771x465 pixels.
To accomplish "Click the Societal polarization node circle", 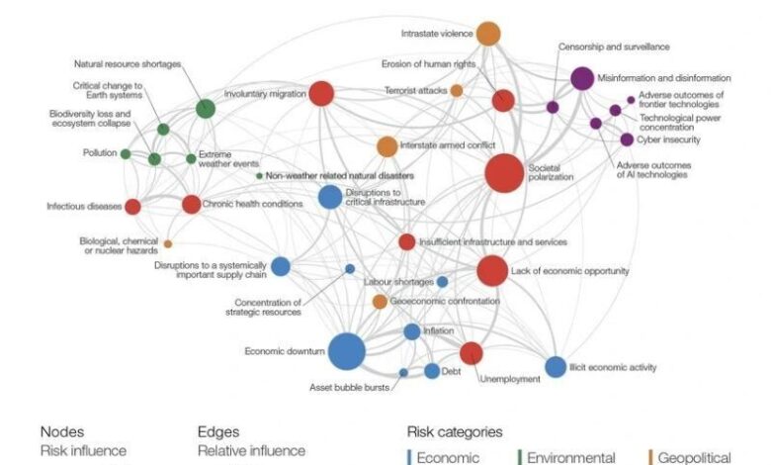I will coord(504,173).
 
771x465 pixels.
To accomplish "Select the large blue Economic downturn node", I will coord(347,351).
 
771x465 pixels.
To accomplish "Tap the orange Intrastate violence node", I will coord(488,34).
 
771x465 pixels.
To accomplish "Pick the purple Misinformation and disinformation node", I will coord(582,78).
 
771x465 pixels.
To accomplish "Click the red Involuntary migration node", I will coord(321,94).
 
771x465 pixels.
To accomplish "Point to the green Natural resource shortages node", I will coord(205,108).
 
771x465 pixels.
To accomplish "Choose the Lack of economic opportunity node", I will coord(491,270).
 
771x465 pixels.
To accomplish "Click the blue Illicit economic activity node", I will coord(556,367).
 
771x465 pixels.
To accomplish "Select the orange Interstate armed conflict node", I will coord(386,146).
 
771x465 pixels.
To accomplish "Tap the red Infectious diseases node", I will coord(132,207).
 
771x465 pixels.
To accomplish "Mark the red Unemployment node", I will coord(471,353).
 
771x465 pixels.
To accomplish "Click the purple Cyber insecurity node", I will coord(627,139).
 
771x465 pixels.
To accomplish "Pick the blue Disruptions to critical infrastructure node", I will coord(330,197).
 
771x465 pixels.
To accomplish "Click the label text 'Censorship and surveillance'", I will coord(614,46).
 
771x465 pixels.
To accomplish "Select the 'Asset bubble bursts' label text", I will coord(350,387).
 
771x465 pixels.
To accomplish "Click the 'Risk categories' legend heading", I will coord(455,432).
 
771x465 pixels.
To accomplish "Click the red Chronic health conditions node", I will coord(191,205).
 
